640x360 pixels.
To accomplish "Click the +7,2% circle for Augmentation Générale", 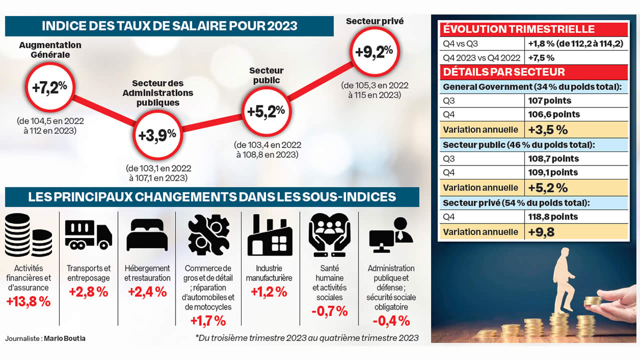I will pyautogui.click(x=49, y=87).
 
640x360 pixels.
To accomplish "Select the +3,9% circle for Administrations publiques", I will pyautogui.click(x=157, y=134).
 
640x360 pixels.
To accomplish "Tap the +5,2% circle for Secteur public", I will pyautogui.click(x=266, y=110).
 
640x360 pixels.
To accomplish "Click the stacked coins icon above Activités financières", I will pyautogui.click(x=28, y=235).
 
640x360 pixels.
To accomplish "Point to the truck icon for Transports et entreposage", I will pyautogui.click(x=88, y=235).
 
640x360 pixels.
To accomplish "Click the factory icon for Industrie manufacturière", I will pyautogui.click(x=270, y=235).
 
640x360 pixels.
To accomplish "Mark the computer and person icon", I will pyautogui.click(x=390, y=235).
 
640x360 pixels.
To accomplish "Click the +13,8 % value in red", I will pyautogui.click(x=28, y=301).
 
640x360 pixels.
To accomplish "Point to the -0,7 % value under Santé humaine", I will pyautogui.click(x=329, y=311).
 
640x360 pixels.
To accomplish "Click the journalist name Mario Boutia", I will pyautogui.click(x=64, y=338).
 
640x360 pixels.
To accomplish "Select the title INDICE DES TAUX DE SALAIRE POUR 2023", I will pyautogui.click(x=169, y=26).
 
